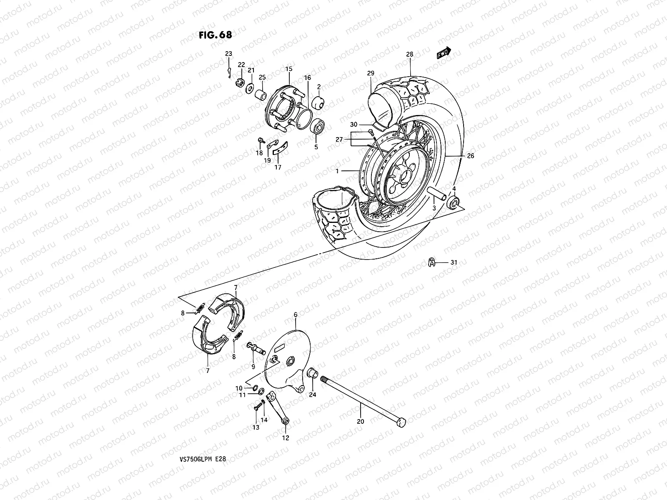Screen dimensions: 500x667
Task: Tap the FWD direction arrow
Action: click(443, 53)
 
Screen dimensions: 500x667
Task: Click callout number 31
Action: click(454, 262)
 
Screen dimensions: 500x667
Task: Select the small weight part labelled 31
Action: click(431, 262)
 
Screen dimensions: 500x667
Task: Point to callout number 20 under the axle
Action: click(361, 422)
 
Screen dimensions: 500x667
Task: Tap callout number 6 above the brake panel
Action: click(296, 315)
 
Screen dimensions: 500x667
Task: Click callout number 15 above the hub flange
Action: click(288, 69)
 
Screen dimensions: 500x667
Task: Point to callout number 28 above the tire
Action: click(410, 54)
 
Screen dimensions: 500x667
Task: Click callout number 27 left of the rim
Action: click(339, 140)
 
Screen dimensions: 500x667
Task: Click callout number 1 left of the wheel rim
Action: click(337, 171)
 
